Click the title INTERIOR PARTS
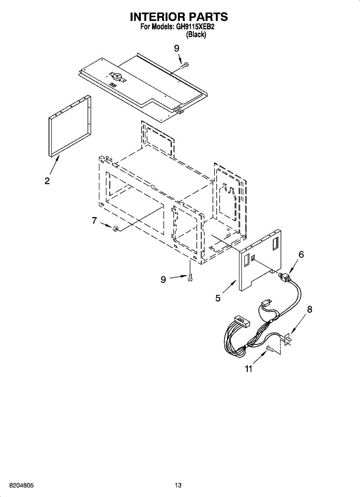coord(179,17)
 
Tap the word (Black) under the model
coord(196,35)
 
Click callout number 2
coord(47,181)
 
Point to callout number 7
coord(94,221)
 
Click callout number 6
coord(301,254)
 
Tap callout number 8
coord(309,309)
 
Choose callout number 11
coord(248,369)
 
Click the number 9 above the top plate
coord(177,48)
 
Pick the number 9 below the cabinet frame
coord(163,280)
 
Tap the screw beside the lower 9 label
coord(190,277)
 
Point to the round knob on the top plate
coord(117,76)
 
